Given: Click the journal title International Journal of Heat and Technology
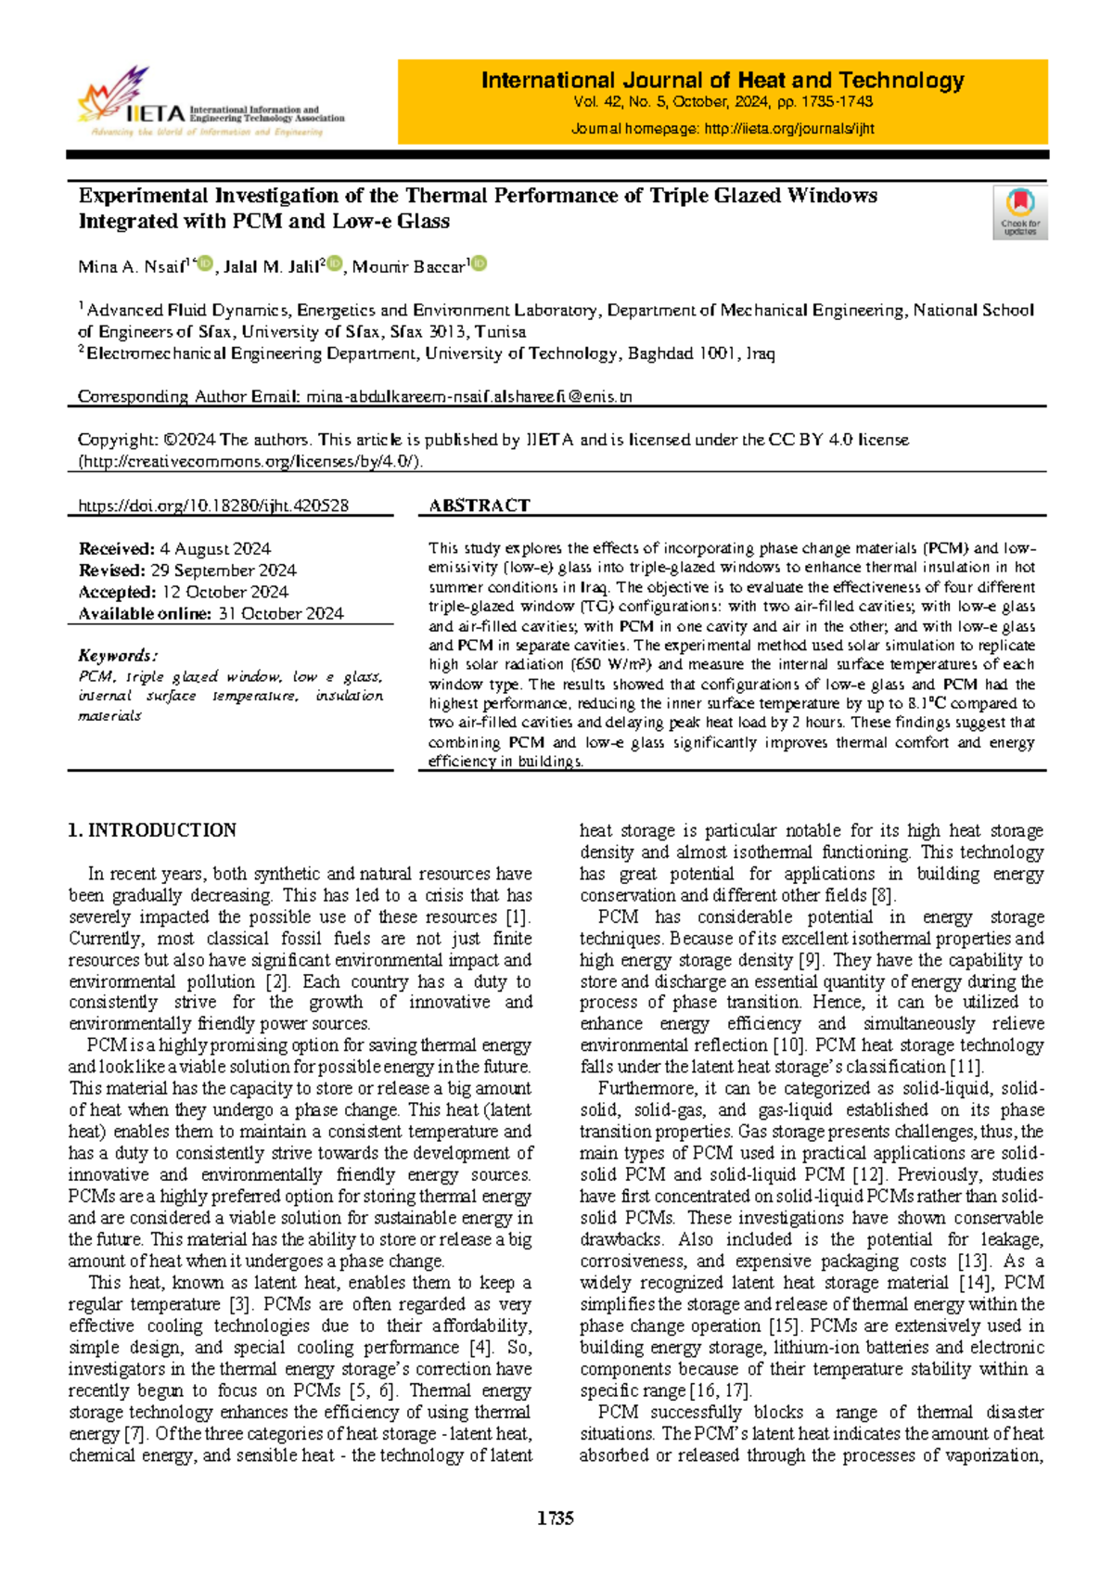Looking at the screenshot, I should [723, 81].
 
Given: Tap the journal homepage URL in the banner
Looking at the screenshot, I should [789, 129].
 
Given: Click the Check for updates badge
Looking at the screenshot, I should [1020, 212].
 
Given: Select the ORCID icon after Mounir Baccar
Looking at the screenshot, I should [480, 264].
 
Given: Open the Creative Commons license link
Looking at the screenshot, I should [250, 461].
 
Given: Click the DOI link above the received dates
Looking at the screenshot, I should [213, 506].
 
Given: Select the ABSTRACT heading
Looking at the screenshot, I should [479, 506].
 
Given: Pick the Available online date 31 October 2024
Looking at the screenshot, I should [280, 613].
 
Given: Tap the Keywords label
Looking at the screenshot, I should [118, 655].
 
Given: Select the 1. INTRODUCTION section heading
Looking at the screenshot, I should [152, 830].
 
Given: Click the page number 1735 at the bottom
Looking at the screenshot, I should [556, 1518].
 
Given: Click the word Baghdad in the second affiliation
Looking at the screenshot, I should [661, 353].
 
